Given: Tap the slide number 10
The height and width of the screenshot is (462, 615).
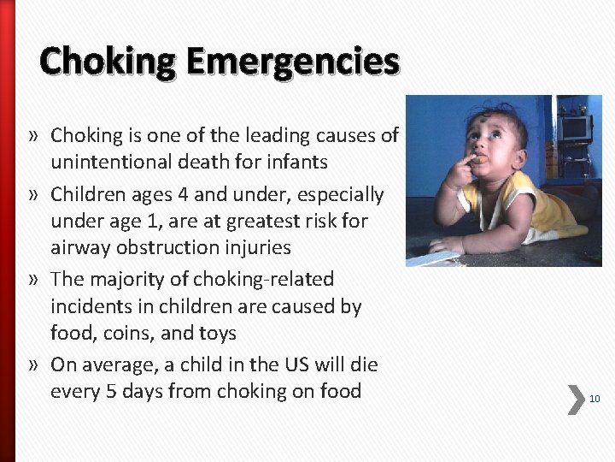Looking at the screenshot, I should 594,399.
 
